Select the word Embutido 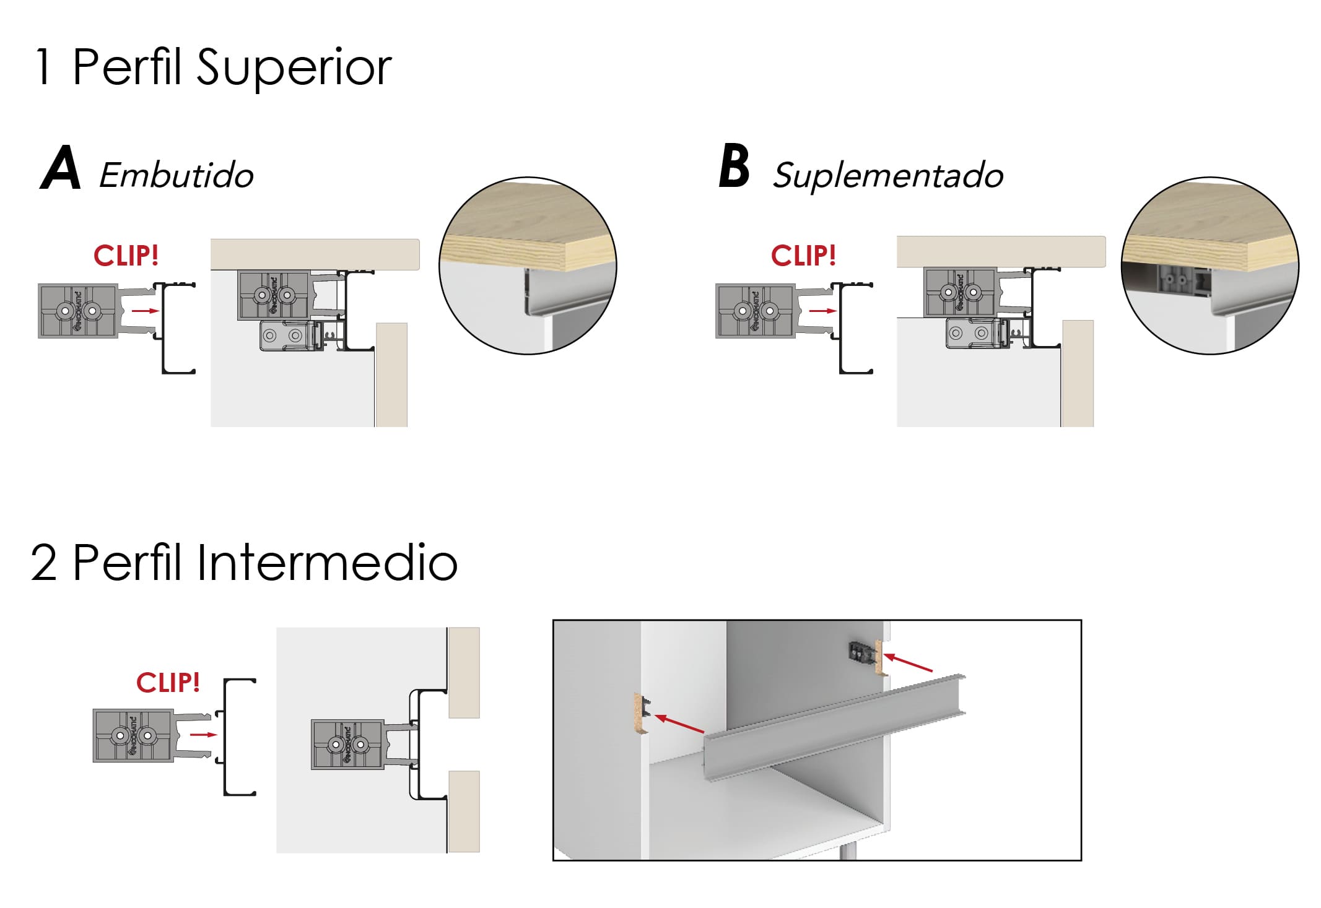tap(177, 175)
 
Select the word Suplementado tap(888, 175)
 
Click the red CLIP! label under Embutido tap(126, 255)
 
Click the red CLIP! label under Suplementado tap(803, 255)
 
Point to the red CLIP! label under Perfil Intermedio tap(168, 682)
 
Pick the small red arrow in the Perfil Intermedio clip tap(203, 735)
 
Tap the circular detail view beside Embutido tap(528, 266)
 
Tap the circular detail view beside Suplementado tap(1210, 266)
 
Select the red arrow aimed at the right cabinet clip tap(908, 662)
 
